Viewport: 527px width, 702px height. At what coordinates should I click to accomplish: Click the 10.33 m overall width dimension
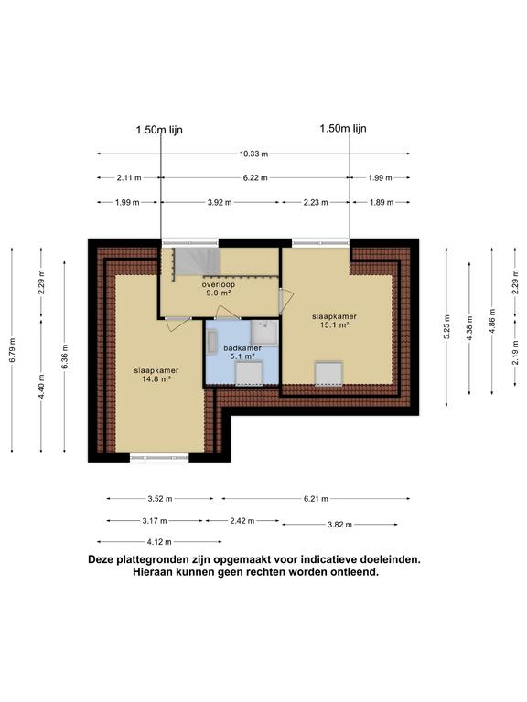pos(253,154)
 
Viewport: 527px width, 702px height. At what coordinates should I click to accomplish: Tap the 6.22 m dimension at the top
pos(255,178)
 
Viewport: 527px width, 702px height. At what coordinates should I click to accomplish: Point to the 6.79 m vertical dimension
pos(13,348)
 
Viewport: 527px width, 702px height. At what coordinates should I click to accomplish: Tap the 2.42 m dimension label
pos(242,520)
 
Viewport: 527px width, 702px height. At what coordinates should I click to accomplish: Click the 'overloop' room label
pos(218,284)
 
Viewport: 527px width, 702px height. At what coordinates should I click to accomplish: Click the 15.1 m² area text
pos(338,325)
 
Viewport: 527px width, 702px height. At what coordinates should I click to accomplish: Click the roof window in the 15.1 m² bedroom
pos(328,372)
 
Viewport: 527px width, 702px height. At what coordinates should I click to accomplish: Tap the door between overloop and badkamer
pos(227,313)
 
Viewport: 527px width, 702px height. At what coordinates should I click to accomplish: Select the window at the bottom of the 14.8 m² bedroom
pos(158,458)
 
